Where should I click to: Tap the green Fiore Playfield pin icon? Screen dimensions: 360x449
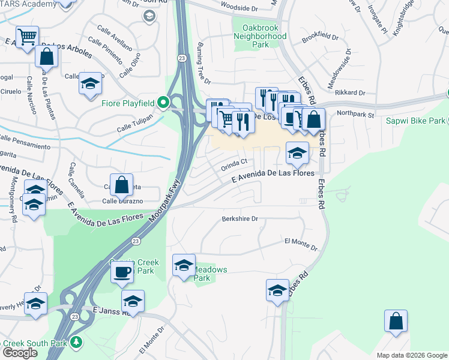[x=163, y=103]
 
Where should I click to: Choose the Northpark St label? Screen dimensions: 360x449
[x=355, y=113]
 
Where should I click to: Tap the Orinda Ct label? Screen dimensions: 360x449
[x=234, y=162]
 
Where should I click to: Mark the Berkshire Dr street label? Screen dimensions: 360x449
[x=240, y=219]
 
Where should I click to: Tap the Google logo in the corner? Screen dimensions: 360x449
[x=20, y=353]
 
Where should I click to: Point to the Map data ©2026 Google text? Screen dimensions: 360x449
[x=411, y=355]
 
